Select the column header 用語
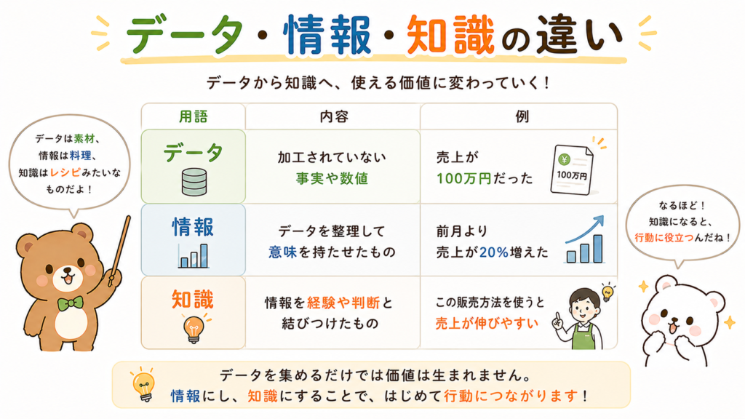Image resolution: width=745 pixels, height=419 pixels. (x=194, y=116)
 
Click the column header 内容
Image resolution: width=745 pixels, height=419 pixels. (x=333, y=116)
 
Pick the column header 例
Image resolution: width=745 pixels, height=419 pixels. (x=522, y=116)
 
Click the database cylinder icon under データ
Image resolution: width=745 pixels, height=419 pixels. (x=194, y=183)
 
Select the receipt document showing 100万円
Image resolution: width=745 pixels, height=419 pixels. (x=572, y=169)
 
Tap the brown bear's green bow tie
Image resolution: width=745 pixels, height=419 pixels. (x=70, y=303)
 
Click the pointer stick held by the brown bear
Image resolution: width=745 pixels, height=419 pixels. (x=119, y=251)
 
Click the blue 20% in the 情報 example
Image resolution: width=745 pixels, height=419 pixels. (x=494, y=252)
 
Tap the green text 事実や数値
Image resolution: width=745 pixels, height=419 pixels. (x=332, y=179)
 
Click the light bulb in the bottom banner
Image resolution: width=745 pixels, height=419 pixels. (x=143, y=384)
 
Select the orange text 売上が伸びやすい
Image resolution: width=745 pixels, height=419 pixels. (x=487, y=324)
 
